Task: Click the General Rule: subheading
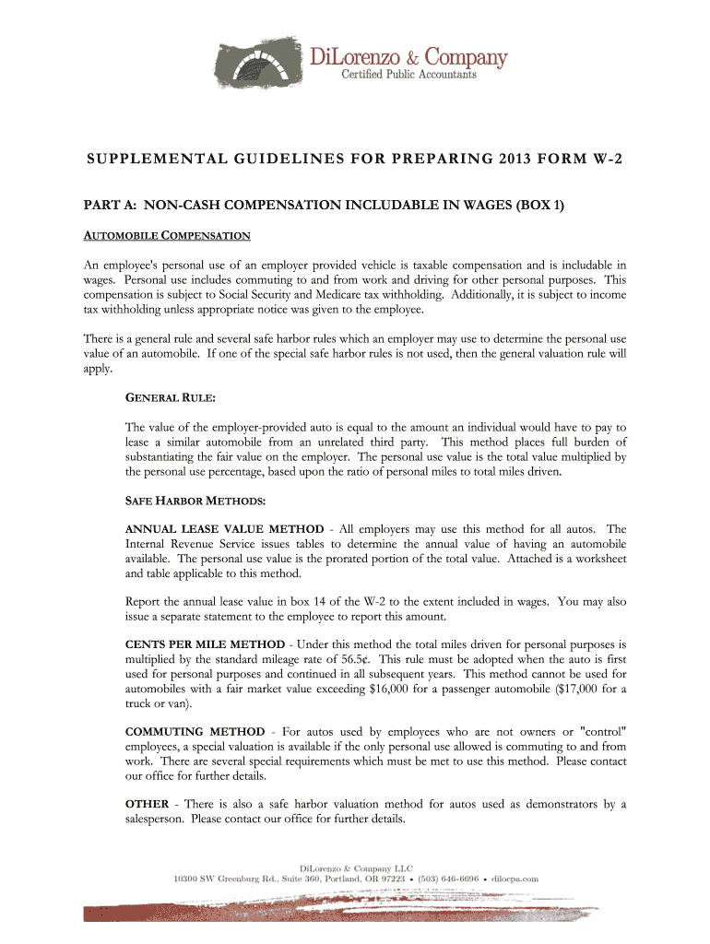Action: coord(170,397)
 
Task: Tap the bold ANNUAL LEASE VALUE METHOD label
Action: coord(224,529)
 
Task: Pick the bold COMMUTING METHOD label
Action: coord(195,732)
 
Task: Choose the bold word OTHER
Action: coord(147,805)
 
